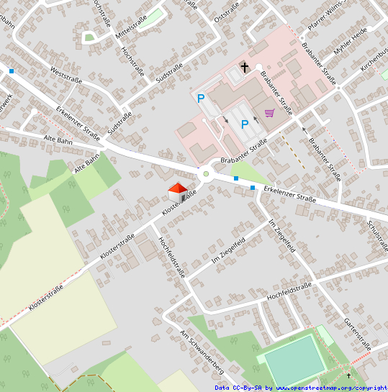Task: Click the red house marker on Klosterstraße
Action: point(177,192)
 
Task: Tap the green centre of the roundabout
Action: point(206,174)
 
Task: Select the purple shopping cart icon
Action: point(269,112)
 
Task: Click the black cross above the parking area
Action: point(244,68)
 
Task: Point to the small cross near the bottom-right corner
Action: point(349,375)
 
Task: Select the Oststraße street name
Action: point(226,11)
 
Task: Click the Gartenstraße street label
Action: point(357,334)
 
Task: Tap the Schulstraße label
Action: point(378,236)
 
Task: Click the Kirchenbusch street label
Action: point(374,63)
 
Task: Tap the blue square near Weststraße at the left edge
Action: point(12,70)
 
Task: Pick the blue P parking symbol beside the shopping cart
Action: point(245,124)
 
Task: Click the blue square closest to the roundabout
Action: point(235,178)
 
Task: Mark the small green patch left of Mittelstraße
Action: point(89,37)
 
